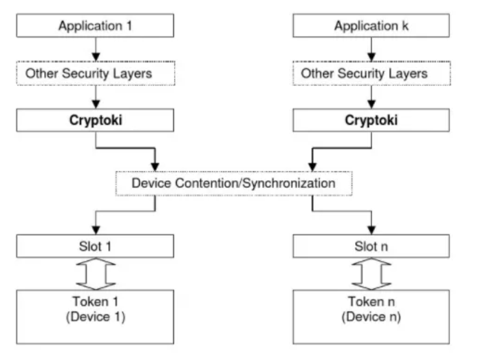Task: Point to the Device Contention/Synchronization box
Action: tap(233, 184)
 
